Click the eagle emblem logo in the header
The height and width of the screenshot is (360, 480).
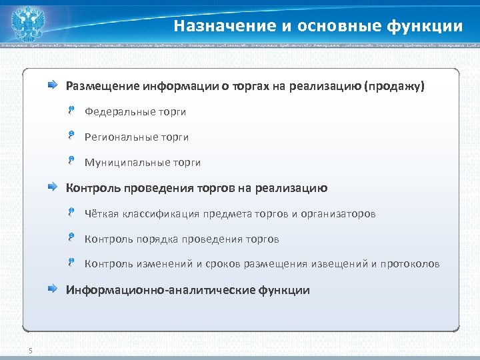pos(28,23)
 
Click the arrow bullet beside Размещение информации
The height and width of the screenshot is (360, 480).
pos(52,85)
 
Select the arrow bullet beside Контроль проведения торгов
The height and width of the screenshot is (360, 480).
pos(52,188)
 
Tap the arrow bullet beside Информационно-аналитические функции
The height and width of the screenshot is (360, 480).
pos(52,289)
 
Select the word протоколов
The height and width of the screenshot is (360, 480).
pos(410,264)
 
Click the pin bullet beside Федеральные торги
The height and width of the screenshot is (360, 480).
pos(71,111)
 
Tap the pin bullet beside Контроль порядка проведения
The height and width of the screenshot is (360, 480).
pos(71,238)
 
